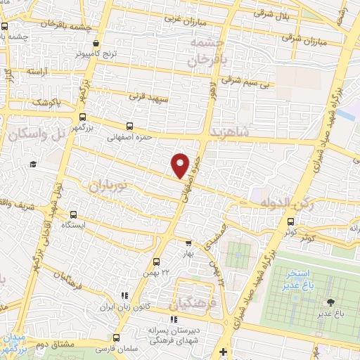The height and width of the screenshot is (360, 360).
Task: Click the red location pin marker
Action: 181,165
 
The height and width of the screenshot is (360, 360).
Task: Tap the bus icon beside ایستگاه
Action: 73,214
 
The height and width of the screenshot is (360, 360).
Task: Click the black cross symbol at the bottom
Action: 223,352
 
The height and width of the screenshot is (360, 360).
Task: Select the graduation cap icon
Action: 32,165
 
